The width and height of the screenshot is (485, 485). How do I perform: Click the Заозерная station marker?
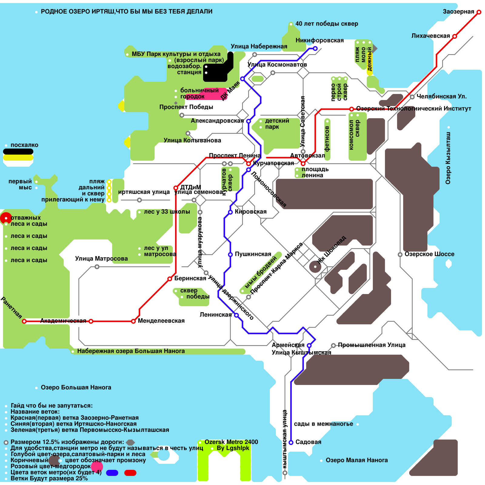479,12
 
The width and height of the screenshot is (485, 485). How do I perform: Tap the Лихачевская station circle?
455,36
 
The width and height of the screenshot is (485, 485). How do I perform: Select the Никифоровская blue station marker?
315,48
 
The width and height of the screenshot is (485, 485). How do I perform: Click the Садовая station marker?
291,443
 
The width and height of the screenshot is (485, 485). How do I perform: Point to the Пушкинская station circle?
230,255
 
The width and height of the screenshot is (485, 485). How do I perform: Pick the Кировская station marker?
230,212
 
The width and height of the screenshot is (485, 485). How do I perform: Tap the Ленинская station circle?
236,315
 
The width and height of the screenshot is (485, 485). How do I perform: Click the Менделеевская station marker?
133,321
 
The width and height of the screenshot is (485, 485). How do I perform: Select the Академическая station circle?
91,321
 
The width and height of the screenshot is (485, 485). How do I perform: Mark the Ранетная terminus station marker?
24,321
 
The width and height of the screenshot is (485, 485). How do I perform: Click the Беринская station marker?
170,279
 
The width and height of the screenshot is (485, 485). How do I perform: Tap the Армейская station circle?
309,346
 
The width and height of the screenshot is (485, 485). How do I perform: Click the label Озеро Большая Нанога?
76,387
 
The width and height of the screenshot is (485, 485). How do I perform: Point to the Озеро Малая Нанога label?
356,460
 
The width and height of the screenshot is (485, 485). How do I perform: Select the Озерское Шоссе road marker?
400,255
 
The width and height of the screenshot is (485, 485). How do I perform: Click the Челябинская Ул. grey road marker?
412,97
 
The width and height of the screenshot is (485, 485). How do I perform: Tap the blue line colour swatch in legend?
112,473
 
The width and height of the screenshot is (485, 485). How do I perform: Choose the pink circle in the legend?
97,466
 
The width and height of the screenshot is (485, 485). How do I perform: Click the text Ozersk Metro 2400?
231,442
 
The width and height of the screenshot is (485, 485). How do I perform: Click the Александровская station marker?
249,121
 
